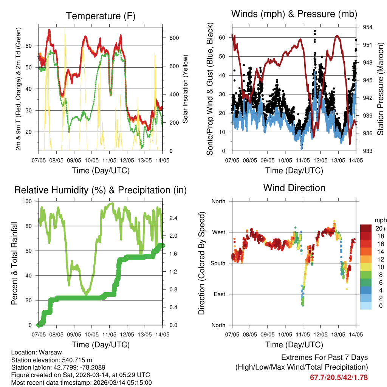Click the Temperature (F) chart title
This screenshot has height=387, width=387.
point(101,16)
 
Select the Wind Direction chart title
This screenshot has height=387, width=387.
point(294,187)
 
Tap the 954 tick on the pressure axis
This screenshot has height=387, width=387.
point(368,27)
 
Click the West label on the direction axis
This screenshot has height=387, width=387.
point(218,232)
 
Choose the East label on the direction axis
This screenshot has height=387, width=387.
point(219,294)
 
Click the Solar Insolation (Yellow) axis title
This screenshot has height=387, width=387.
point(186,89)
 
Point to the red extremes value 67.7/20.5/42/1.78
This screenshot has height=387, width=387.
point(339,378)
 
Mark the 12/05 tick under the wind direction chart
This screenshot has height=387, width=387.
point(320,334)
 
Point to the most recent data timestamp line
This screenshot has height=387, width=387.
point(81,383)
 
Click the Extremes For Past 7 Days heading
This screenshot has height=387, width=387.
point(324,358)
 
